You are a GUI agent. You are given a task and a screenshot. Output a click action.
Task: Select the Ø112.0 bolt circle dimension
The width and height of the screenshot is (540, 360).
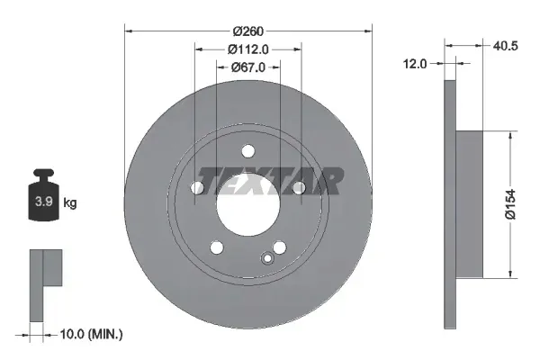247,48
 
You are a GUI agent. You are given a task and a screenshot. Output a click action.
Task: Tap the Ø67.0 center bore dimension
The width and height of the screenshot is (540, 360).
247,65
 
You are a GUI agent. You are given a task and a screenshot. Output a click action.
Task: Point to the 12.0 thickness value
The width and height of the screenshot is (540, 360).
415,63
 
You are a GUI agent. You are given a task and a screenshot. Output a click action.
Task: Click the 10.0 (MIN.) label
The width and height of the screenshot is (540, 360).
90,334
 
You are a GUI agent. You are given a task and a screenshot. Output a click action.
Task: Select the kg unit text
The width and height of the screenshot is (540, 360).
70,203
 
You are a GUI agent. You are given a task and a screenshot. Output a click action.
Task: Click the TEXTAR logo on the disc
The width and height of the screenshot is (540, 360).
270,181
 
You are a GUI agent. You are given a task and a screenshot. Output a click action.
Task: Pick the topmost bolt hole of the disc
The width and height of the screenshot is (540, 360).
248,150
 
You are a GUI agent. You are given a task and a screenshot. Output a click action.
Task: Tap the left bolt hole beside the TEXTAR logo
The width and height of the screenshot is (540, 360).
197,187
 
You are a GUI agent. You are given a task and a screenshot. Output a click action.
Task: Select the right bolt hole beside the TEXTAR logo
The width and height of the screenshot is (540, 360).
299,187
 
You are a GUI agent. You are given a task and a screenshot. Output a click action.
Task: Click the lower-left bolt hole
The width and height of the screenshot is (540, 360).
216,247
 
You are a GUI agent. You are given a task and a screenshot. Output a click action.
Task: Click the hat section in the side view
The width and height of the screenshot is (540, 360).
470,203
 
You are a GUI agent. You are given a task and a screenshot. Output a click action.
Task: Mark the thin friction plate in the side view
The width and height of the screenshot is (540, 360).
450,203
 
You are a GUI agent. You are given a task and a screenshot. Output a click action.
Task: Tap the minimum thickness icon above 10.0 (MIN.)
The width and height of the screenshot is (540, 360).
43,283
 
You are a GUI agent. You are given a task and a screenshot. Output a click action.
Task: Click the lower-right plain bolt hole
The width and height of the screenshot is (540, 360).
280,247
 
